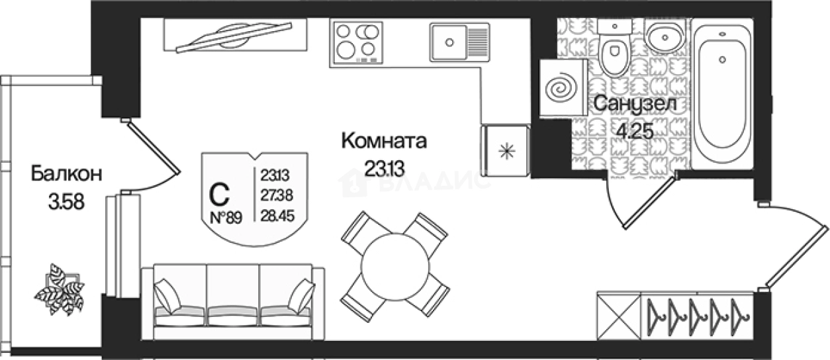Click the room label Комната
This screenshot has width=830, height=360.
384,140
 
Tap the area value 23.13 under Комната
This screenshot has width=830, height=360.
384,168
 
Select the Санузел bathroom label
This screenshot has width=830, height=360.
633,105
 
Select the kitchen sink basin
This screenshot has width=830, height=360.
449,42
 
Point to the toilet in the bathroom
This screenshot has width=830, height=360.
615,53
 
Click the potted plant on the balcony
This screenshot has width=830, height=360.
61,289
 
